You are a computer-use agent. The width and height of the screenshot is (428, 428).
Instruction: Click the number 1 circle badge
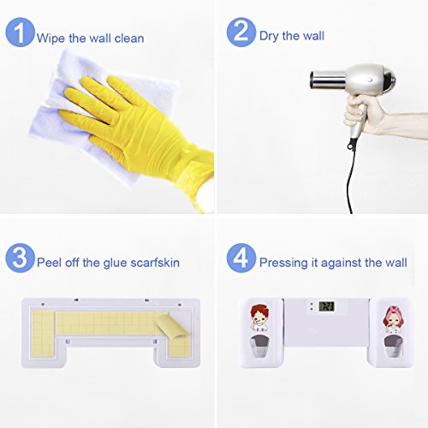[x=20, y=32]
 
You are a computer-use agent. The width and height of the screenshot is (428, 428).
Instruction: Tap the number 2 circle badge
[x=241, y=32]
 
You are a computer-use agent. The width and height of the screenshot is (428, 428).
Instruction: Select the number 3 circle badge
[x=20, y=258]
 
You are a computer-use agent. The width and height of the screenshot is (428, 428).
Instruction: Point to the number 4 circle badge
[x=241, y=258]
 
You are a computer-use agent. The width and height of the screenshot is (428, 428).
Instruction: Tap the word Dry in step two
[x=269, y=37]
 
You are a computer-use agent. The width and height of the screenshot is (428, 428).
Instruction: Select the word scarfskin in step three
[x=155, y=263]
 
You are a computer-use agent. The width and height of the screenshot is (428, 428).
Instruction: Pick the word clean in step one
[x=129, y=39]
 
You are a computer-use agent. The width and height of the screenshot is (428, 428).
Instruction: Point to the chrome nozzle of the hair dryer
[x=327, y=79]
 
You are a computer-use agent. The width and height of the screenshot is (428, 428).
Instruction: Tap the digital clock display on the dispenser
[x=326, y=306]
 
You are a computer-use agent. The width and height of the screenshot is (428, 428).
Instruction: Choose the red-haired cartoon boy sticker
[x=259, y=318]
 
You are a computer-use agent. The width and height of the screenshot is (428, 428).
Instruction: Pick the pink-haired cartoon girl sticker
[x=393, y=319]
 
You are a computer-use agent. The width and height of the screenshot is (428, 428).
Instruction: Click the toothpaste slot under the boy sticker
[x=260, y=347]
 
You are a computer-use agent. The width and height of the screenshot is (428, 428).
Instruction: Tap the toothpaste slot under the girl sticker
[x=393, y=347]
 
